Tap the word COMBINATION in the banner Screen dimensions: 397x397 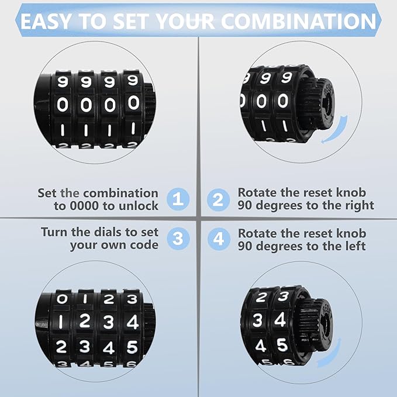click(298, 21)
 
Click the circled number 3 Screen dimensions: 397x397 click(179, 239)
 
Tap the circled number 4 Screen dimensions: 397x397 click(218, 239)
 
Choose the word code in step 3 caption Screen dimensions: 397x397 click(144, 245)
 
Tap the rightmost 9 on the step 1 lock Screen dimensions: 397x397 click(133, 81)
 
